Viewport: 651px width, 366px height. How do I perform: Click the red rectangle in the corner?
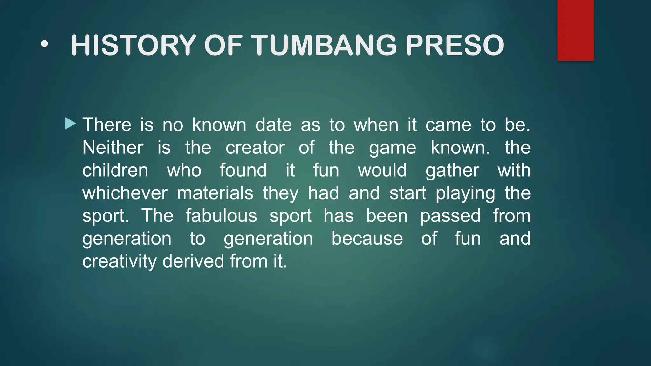pos(575,30)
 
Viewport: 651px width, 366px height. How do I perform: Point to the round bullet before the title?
pos(45,45)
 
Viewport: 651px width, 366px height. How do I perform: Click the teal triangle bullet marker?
pos(70,124)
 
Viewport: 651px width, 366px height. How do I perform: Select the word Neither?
pos(113,148)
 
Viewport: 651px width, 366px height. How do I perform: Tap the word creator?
pos(255,148)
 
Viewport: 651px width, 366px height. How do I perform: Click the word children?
pos(115,171)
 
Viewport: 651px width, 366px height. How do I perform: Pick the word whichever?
pos(125,193)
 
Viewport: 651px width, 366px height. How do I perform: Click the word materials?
pos(215,193)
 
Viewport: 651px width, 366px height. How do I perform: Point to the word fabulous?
pos(221,216)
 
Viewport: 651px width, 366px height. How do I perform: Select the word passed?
pos(450,216)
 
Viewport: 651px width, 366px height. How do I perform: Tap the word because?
pos(367,239)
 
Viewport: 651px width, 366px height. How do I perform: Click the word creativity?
pos(119,261)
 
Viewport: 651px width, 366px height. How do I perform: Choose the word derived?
pos(193,261)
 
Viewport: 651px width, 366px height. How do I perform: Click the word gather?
pos(452,171)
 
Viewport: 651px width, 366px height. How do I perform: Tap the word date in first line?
pos(273,125)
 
